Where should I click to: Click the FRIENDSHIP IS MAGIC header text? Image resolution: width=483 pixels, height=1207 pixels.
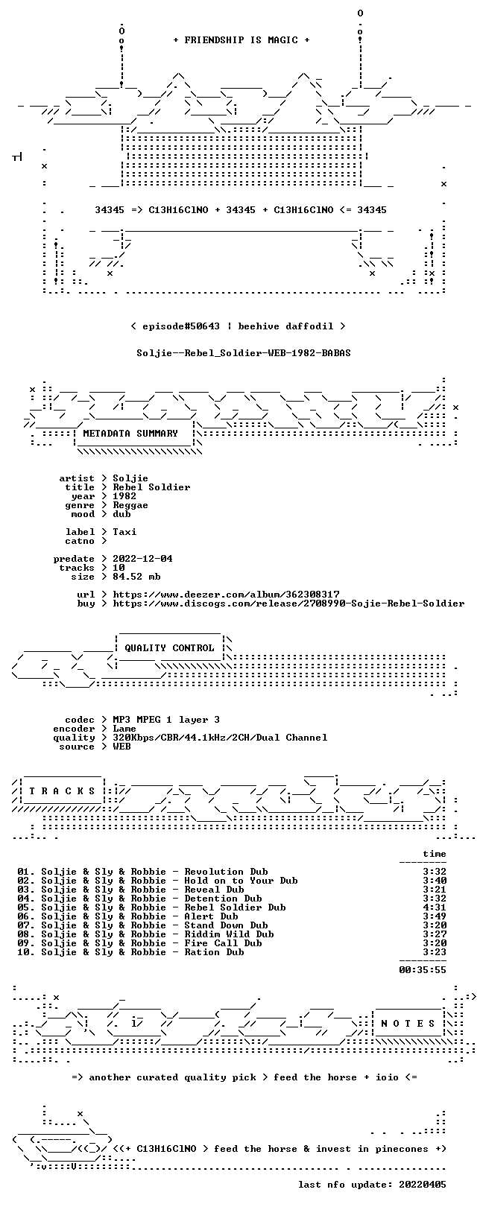tap(241, 40)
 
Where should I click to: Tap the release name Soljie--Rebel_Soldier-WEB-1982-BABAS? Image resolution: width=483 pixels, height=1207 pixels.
tap(244, 353)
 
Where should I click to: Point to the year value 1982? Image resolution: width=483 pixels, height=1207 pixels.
tap(124, 495)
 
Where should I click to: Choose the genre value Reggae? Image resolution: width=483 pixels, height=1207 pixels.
tap(130, 505)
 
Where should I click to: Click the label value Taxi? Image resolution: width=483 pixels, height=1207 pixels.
tap(124, 531)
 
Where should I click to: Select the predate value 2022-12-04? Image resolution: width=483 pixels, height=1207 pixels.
tap(142, 558)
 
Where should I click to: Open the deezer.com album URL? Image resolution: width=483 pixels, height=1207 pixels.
tap(226, 595)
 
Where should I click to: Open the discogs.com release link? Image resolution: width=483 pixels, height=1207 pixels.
tap(288, 603)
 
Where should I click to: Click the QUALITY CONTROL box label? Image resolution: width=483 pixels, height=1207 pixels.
tap(169, 647)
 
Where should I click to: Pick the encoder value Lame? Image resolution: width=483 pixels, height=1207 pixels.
tap(124, 729)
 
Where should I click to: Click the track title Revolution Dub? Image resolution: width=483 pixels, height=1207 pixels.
tap(226, 871)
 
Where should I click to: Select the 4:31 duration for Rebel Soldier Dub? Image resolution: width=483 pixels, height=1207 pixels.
tap(435, 907)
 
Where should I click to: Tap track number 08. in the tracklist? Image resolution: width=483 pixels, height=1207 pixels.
tap(26, 934)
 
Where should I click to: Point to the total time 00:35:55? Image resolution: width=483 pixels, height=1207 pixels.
tap(423, 970)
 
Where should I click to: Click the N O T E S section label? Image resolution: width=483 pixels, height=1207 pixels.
tap(408, 1023)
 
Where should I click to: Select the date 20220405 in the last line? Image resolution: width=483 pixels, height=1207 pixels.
tap(423, 1185)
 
